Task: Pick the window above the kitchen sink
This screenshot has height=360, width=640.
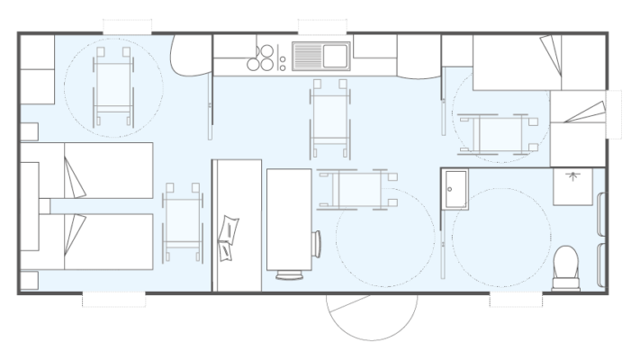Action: [321, 25]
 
